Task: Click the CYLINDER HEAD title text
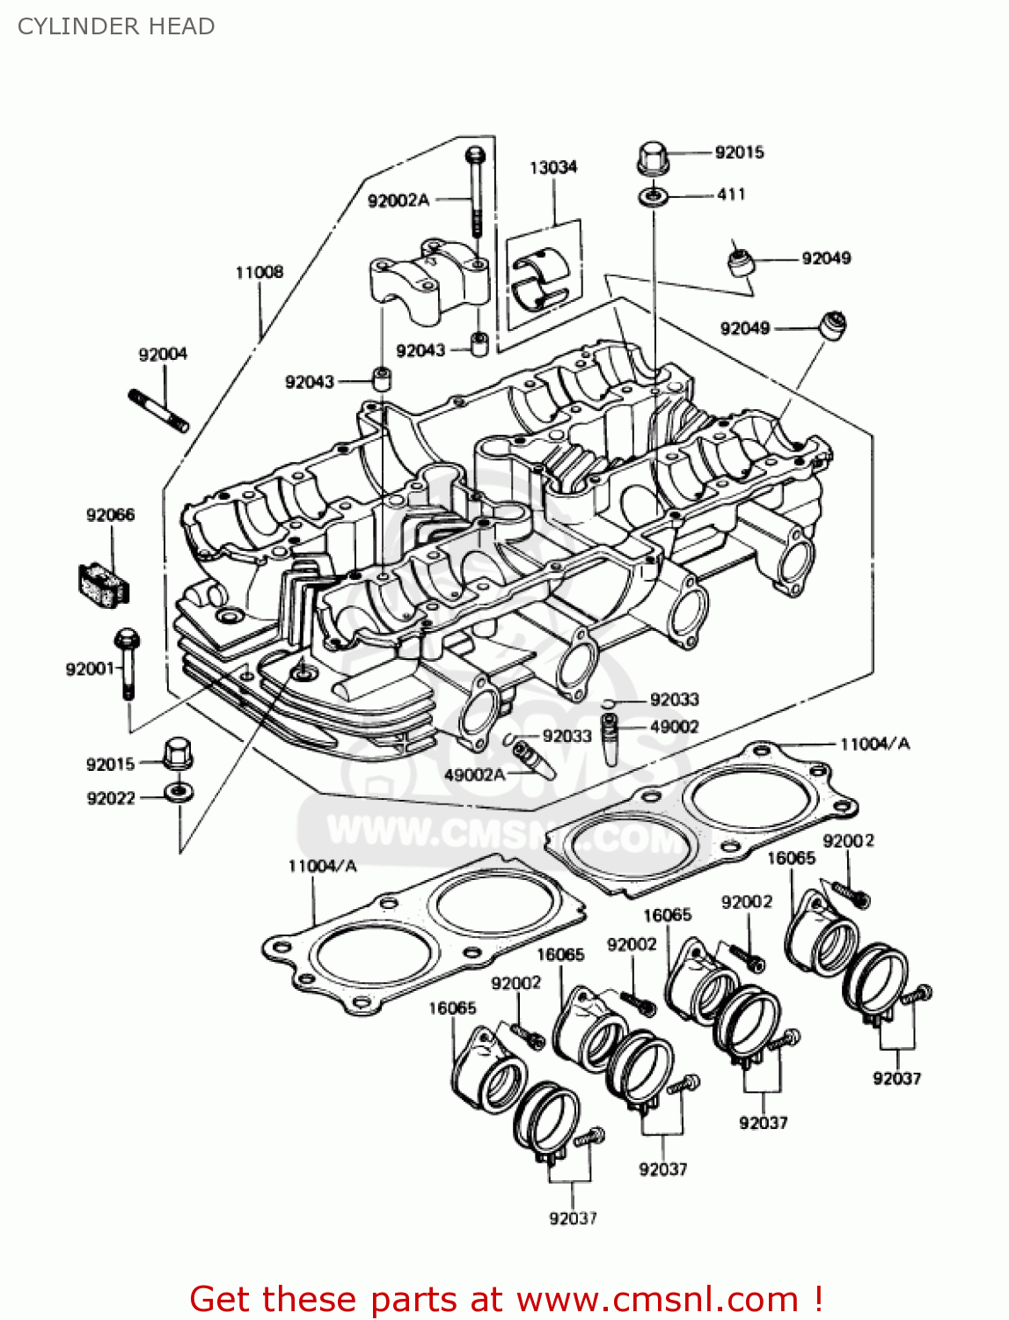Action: point(116,26)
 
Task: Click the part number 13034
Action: point(553,167)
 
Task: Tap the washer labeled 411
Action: point(652,195)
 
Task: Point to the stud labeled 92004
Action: point(159,411)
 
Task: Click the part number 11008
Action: point(260,273)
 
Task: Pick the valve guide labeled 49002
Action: point(610,739)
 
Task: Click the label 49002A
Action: point(474,774)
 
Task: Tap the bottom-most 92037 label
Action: point(573,1219)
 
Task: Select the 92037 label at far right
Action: point(896,1078)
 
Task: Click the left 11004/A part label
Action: point(322,867)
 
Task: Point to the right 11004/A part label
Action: point(874,744)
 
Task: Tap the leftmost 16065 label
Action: point(452,1008)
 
